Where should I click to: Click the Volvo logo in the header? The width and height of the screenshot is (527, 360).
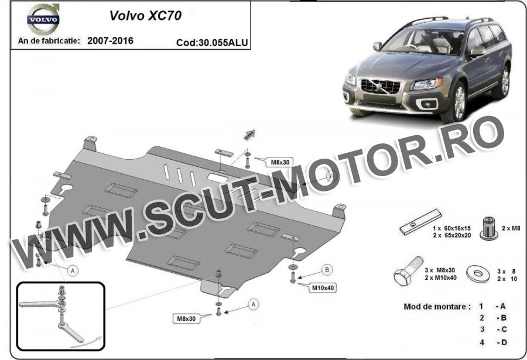43,19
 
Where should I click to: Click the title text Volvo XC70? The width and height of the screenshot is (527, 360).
146,16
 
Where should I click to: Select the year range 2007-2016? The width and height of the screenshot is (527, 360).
110,40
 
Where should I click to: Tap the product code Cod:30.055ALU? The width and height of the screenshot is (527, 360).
212,43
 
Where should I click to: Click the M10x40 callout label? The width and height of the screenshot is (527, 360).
323,288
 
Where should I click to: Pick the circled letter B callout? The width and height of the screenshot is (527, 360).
327,270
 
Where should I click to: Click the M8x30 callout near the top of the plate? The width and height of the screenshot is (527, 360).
280,162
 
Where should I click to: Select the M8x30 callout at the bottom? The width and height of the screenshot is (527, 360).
186,318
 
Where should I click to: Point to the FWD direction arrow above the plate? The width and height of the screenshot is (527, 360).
249,135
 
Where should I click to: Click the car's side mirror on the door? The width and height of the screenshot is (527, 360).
478,51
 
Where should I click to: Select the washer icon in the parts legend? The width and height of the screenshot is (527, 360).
478,274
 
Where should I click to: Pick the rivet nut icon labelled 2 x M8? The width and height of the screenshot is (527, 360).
489,228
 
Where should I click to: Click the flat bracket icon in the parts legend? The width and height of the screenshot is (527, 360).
420,222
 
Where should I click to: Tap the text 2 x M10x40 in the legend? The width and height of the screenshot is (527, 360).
440,277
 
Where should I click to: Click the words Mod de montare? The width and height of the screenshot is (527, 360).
435,307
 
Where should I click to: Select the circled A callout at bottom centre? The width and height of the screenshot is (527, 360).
254,304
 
